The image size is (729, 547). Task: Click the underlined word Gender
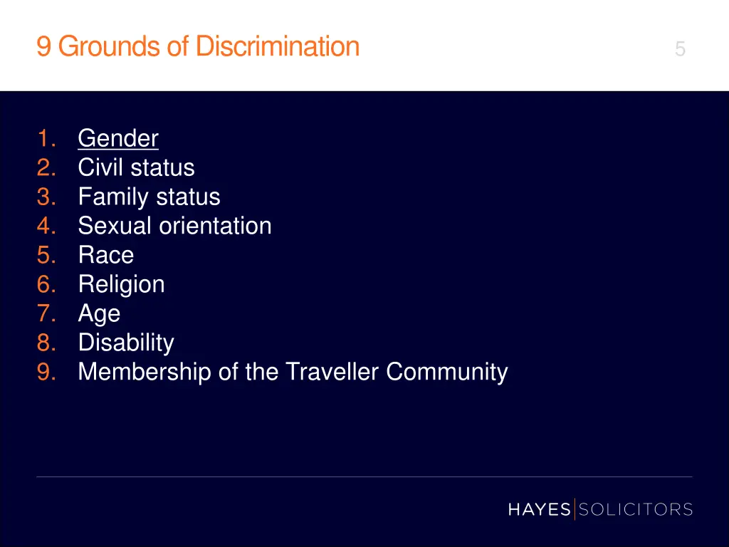[x=118, y=138]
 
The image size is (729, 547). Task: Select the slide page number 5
[x=680, y=49]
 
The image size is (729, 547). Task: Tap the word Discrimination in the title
[x=278, y=46]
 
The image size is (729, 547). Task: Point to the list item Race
[x=106, y=255]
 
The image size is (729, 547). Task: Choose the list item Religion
[x=121, y=284]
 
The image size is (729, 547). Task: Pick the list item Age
[x=99, y=314]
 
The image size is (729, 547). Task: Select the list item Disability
[x=126, y=343]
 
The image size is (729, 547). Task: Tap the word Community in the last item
[x=447, y=372]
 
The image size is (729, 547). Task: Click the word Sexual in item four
[x=115, y=226]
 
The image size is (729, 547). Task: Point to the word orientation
[x=215, y=226]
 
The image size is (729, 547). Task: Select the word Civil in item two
[x=99, y=167]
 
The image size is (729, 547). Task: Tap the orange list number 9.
[x=46, y=372]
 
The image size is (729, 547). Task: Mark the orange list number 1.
[x=46, y=138]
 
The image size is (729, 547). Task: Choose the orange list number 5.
[x=46, y=255]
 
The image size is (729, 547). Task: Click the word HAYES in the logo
[x=539, y=509]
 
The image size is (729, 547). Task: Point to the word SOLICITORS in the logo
[x=636, y=509]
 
